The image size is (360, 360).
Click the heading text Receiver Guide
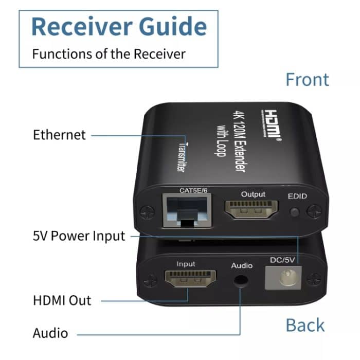[119, 26]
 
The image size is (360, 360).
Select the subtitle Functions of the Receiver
[109, 53]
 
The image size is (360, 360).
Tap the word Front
[307, 80]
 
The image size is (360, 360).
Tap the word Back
[305, 325]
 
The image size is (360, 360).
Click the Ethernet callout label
[59, 135]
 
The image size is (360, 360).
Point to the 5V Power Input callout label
[79, 236]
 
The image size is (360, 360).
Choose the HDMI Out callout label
[62, 300]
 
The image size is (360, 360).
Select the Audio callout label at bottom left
[50, 333]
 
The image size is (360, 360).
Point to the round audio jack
[241, 281]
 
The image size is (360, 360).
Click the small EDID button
[294, 212]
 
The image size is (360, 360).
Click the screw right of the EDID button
[314, 210]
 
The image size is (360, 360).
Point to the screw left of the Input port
[150, 281]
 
